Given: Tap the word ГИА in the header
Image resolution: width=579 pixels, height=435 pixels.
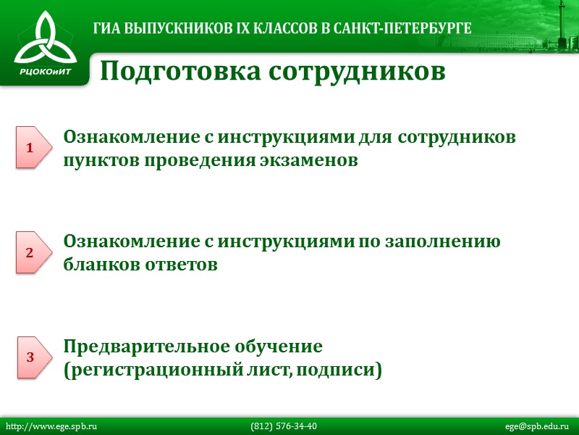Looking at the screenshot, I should click(107, 29).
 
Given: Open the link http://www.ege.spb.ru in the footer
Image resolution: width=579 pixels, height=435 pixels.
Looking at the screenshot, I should click(51, 426).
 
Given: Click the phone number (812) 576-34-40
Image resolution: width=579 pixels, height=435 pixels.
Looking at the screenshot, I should click(284, 426).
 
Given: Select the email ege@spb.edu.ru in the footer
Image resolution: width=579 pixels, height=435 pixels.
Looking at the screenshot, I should click(537, 426).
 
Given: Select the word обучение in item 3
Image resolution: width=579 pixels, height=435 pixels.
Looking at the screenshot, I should click(279, 346).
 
